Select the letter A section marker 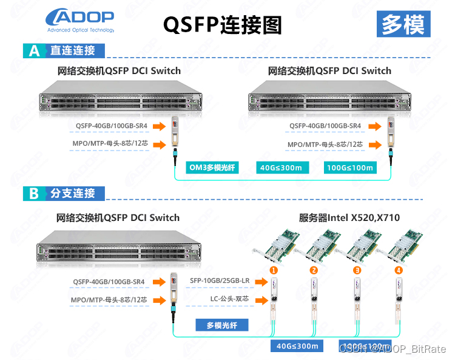34,51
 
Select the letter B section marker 34,194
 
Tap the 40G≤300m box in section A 281,168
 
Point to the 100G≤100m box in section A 349,168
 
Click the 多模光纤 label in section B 223,325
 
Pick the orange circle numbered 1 274,270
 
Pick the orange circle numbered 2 314,270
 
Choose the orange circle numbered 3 357,270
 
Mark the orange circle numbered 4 399,270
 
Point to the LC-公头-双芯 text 231,299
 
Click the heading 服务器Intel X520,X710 349,217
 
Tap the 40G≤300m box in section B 297,346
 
